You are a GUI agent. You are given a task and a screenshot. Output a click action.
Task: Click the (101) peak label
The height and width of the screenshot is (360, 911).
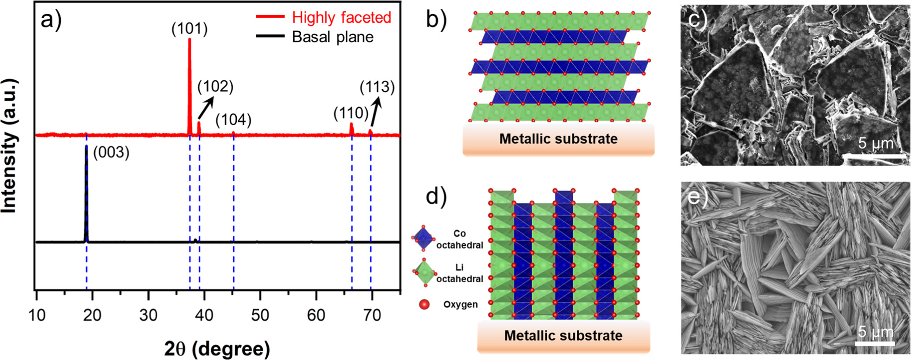[190, 29]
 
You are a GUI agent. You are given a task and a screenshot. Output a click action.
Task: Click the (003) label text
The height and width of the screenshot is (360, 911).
[111, 153]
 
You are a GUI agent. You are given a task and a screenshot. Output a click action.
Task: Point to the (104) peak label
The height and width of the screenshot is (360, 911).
[233, 120]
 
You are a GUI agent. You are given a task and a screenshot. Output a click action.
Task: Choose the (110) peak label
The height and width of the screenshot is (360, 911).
[351, 113]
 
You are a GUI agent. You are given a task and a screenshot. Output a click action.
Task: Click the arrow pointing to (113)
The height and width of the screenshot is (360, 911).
[375, 112]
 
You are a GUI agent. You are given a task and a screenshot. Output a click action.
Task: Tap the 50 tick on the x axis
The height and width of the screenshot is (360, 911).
[260, 315]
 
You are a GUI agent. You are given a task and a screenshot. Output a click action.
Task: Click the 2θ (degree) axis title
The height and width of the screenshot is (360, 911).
[217, 349]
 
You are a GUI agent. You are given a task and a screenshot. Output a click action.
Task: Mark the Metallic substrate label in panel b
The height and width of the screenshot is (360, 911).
[558, 139]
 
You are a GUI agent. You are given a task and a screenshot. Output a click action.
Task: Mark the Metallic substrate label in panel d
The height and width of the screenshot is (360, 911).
[563, 336]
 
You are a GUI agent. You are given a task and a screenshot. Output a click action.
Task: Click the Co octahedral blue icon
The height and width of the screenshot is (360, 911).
[424, 239]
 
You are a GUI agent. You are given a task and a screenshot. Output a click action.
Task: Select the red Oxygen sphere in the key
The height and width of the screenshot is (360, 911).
[424, 304]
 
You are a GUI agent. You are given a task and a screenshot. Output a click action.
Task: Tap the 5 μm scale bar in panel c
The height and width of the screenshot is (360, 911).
[875, 155]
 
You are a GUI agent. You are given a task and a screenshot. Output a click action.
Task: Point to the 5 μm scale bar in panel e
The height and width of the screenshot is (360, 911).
[876, 342]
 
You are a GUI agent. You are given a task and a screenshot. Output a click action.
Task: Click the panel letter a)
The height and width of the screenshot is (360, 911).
[51, 20]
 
